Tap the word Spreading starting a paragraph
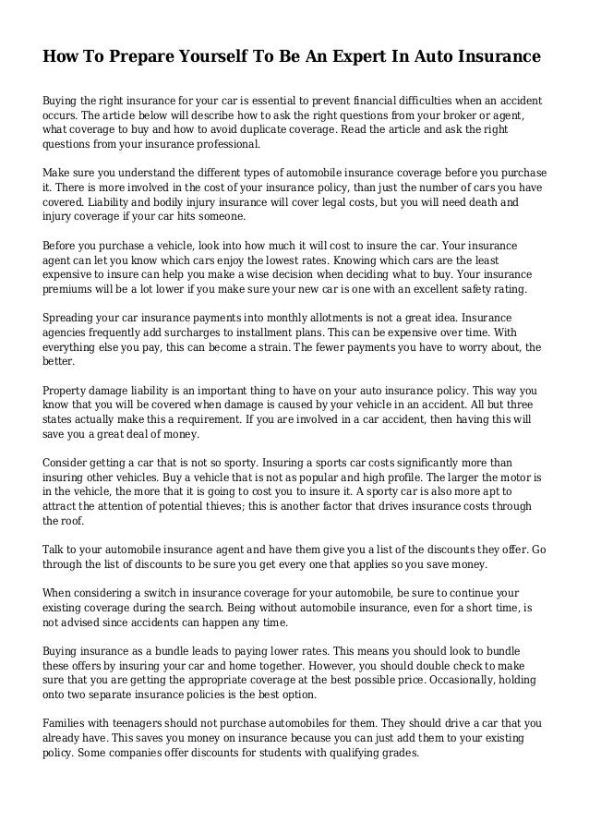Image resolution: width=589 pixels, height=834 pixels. point(73,319)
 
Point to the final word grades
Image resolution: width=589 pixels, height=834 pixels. point(397,753)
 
